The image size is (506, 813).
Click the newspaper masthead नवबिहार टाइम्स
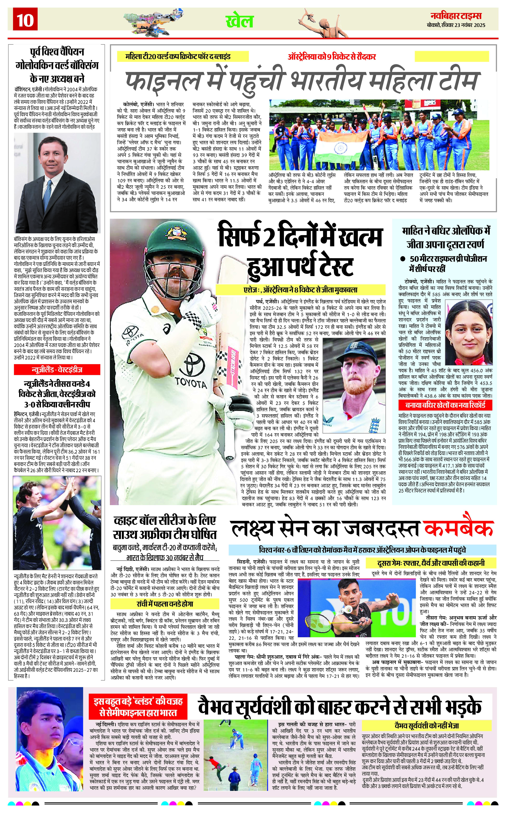pos(456,16)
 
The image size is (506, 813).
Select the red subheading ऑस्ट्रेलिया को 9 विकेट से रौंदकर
pos(332,57)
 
